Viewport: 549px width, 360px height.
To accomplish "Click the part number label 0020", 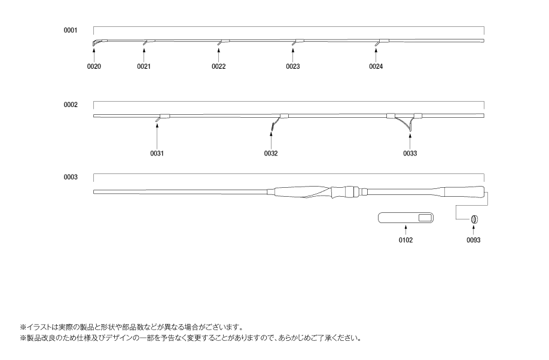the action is click(94, 66).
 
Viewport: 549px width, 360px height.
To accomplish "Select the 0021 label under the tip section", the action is click(144, 66).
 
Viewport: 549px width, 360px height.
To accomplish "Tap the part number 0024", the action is click(376, 66).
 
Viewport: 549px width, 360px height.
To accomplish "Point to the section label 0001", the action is click(70, 30).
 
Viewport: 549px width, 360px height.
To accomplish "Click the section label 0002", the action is click(71, 105).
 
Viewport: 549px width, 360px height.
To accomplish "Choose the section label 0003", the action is click(71, 177).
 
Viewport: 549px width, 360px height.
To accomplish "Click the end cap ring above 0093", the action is click(474, 219).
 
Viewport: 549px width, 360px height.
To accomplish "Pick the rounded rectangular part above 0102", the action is click(406, 218).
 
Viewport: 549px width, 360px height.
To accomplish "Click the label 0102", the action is click(405, 240).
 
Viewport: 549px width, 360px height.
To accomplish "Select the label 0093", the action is click(474, 240).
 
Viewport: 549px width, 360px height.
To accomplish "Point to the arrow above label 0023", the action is click(292, 56).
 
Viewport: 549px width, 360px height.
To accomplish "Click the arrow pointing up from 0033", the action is click(410, 141).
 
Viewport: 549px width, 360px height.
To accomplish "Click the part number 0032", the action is click(271, 153).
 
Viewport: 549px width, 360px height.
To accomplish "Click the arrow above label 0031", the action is click(157, 136).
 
